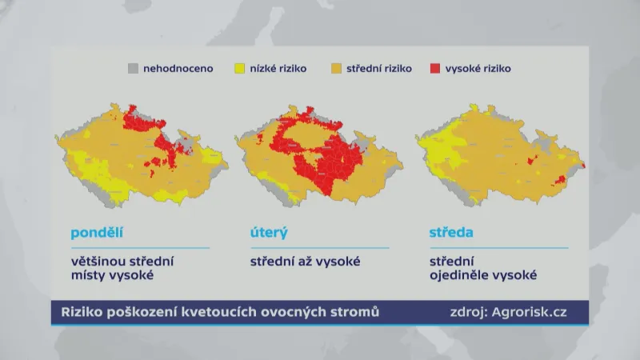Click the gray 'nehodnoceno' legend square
(134, 69)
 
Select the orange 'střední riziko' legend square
(338, 69)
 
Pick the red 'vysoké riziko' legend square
(437, 69)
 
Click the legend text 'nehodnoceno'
(178, 69)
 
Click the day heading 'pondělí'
(98, 234)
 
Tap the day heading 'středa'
(452, 234)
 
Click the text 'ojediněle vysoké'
(483, 276)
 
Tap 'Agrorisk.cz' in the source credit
(530, 312)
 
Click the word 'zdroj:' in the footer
(467, 312)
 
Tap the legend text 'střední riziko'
(379, 69)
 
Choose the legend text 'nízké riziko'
(278, 69)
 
